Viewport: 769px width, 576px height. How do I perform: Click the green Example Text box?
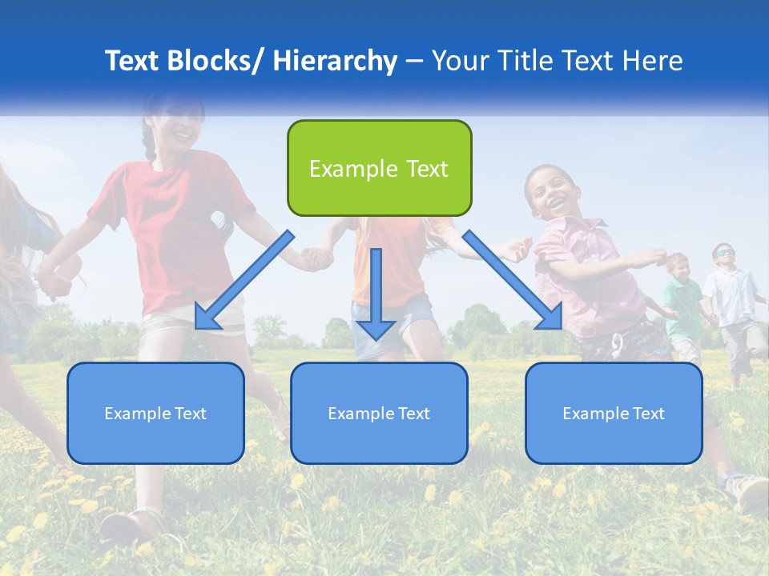(379, 168)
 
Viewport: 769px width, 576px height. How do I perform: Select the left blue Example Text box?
(155, 413)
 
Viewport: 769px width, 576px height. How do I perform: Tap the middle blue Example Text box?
(379, 413)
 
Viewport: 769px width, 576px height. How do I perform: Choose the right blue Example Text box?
(614, 413)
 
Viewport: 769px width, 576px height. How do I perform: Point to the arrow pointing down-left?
(244, 280)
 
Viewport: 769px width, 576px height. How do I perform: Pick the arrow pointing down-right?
(513, 280)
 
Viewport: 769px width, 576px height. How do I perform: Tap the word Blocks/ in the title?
(209, 61)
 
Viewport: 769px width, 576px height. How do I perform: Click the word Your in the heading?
(459, 61)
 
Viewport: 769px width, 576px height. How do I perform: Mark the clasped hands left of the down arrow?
(316, 258)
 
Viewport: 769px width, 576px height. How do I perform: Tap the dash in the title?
(414, 61)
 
